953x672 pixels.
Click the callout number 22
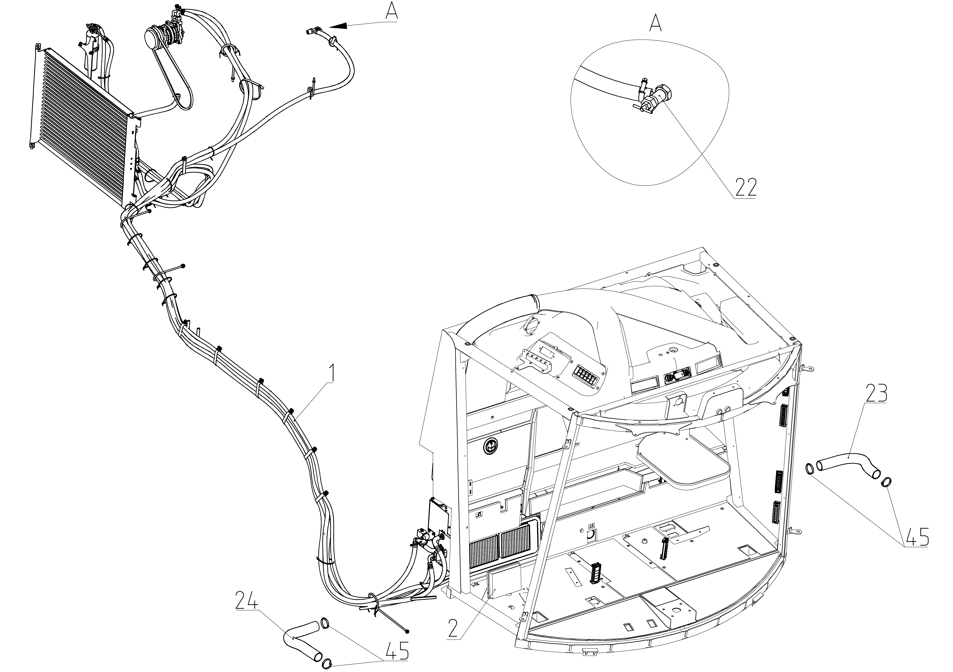coord(746,187)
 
